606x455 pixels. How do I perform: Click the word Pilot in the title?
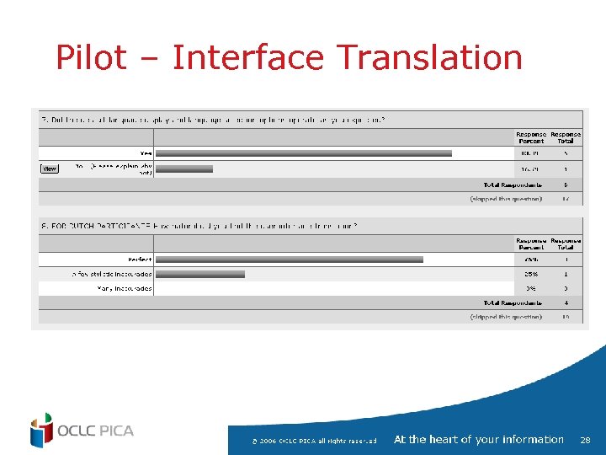[x=90, y=58]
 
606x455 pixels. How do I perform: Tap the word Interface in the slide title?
[x=247, y=58]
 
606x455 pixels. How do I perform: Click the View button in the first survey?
[x=50, y=169]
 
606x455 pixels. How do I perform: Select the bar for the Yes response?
[x=304, y=153]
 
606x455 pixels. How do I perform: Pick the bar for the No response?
[x=184, y=169]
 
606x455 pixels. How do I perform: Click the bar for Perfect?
[x=290, y=260]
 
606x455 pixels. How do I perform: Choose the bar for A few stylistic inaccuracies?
[x=200, y=274]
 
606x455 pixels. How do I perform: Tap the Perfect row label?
[x=138, y=260]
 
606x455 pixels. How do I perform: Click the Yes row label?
[x=146, y=153]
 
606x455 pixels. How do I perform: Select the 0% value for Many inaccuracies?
[x=531, y=288]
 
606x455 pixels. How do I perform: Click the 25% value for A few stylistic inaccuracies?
[x=531, y=274]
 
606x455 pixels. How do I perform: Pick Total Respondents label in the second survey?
[x=512, y=302]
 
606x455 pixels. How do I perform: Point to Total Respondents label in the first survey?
[x=512, y=185]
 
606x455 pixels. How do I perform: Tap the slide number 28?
[x=586, y=440]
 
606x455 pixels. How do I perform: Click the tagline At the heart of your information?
[x=478, y=440]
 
